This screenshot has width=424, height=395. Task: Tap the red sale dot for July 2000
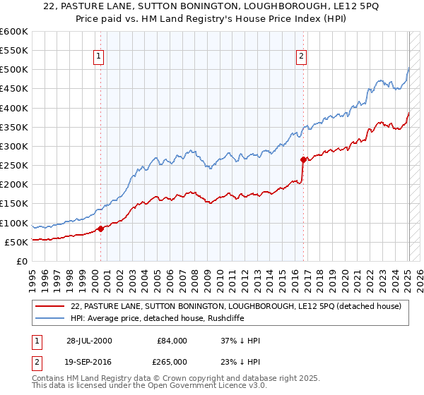point(100,229)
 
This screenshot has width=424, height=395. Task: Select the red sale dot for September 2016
point(303,159)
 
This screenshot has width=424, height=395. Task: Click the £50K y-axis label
point(16,243)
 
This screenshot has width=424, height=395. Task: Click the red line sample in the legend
point(50,305)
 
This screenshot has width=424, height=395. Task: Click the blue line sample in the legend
point(50,318)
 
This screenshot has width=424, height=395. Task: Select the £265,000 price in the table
point(171,361)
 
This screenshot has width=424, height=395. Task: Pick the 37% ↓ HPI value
point(240,341)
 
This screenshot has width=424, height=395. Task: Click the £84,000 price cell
point(171,341)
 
